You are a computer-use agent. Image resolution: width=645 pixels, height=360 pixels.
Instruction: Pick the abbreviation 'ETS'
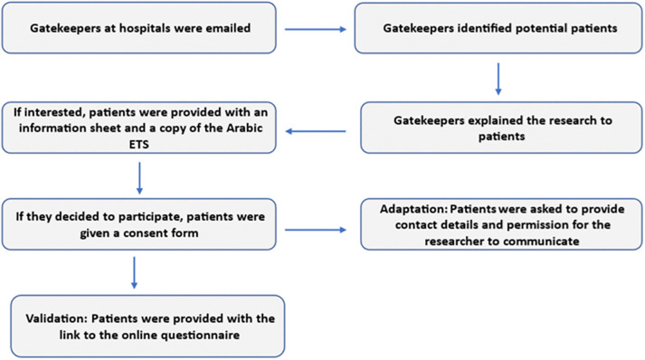pos(138,145)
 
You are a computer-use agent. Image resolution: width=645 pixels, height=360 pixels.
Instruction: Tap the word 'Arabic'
pos(245,128)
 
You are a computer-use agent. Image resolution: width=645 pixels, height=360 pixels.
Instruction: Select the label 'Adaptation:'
pos(413,209)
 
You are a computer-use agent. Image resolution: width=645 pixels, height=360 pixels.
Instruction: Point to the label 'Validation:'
pos(57,318)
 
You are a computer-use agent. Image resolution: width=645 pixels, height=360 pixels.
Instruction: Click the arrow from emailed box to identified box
pos(316,29)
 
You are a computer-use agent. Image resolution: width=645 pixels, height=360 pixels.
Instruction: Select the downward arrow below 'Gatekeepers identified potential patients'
pos(498,79)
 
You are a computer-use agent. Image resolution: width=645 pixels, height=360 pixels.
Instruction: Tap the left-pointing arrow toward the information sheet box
pos(316,131)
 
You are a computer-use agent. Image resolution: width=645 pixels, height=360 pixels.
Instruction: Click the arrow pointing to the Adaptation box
pos(316,230)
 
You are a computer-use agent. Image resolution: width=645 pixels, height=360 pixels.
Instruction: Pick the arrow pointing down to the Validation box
pos(134,273)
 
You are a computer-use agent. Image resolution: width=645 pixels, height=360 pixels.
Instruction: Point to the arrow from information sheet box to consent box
pos(139,177)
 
